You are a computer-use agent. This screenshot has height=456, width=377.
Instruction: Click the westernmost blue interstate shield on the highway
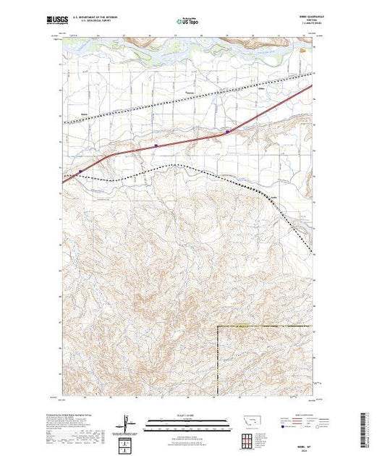[x=80, y=172]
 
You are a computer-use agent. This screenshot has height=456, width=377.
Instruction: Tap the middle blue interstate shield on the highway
[x=156, y=145]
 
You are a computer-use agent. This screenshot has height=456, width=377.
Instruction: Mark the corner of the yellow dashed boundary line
[x=218, y=326]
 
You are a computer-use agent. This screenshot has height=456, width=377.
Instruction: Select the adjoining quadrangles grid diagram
[x=248, y=438]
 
